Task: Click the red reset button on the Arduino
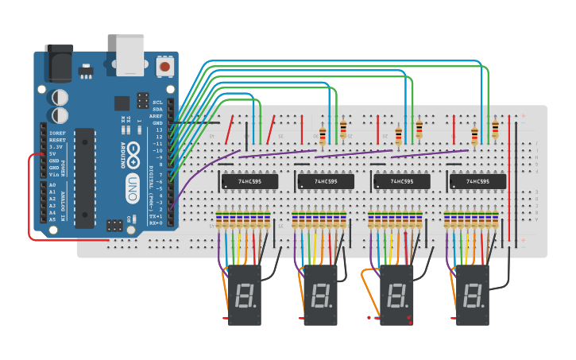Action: [164, 67]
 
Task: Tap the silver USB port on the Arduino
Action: [130, 54]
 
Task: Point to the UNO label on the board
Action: [134, 185]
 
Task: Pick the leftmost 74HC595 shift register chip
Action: [249, 182]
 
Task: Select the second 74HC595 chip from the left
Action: [325, 182]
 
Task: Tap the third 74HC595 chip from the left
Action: [401, 182]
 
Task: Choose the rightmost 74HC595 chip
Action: [477, 182]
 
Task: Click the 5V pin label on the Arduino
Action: [55, 154]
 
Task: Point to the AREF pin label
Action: [157, 116]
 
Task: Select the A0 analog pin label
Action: [52, 184]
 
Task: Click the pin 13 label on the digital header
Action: [158, 130]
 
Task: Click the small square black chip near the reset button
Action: [122, 103]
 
